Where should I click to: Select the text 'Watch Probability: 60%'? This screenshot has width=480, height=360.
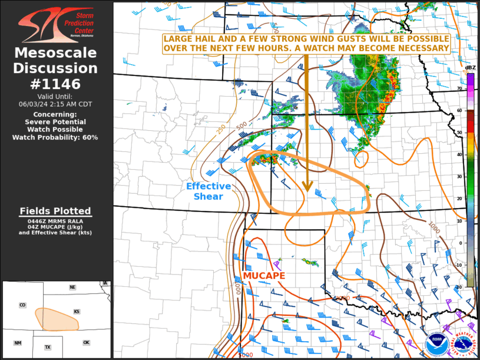55,137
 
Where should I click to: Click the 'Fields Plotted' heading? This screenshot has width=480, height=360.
55,211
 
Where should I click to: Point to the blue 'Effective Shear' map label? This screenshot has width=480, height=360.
208,191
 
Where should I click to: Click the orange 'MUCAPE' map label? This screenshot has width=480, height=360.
264,276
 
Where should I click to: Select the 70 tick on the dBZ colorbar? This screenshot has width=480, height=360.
459,89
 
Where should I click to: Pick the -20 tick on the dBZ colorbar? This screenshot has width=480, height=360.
459,287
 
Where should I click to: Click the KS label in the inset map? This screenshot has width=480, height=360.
76,311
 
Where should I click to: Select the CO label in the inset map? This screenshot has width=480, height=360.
22,305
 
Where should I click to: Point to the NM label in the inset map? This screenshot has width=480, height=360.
18,343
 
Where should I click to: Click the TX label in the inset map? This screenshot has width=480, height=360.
48,347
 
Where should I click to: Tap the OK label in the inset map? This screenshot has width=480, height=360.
86,342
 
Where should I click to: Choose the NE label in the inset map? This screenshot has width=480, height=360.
72,288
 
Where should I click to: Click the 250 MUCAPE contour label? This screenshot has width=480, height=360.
221,129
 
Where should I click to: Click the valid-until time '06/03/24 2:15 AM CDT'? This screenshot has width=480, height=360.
55,104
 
